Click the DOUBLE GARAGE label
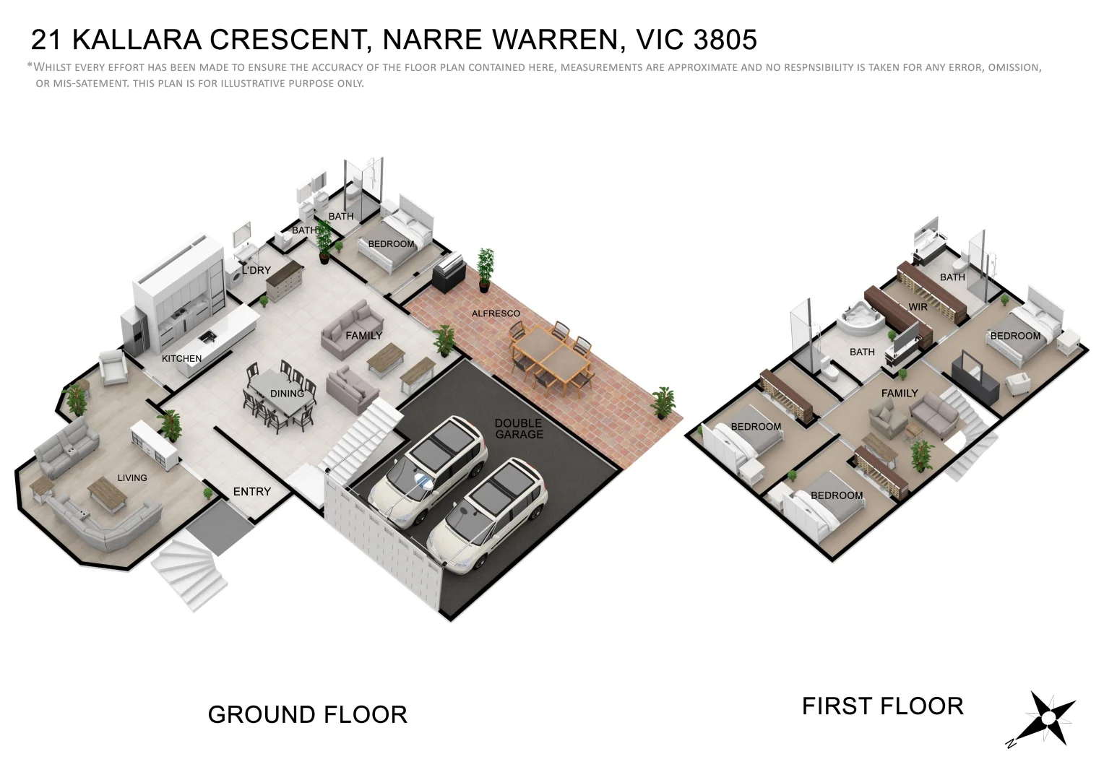point(518,429)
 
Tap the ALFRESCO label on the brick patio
point(496,313)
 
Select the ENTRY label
point(251,492)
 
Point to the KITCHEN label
point(181,358)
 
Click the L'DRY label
point(256,270)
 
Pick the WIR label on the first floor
point(918,307)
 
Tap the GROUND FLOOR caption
point(308,715)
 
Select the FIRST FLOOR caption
point(882,706)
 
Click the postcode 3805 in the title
point(725,40)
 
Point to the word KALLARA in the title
point(137,40)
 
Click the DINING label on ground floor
point(287,394)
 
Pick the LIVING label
point(132,478)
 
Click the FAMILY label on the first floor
point(900,394)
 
